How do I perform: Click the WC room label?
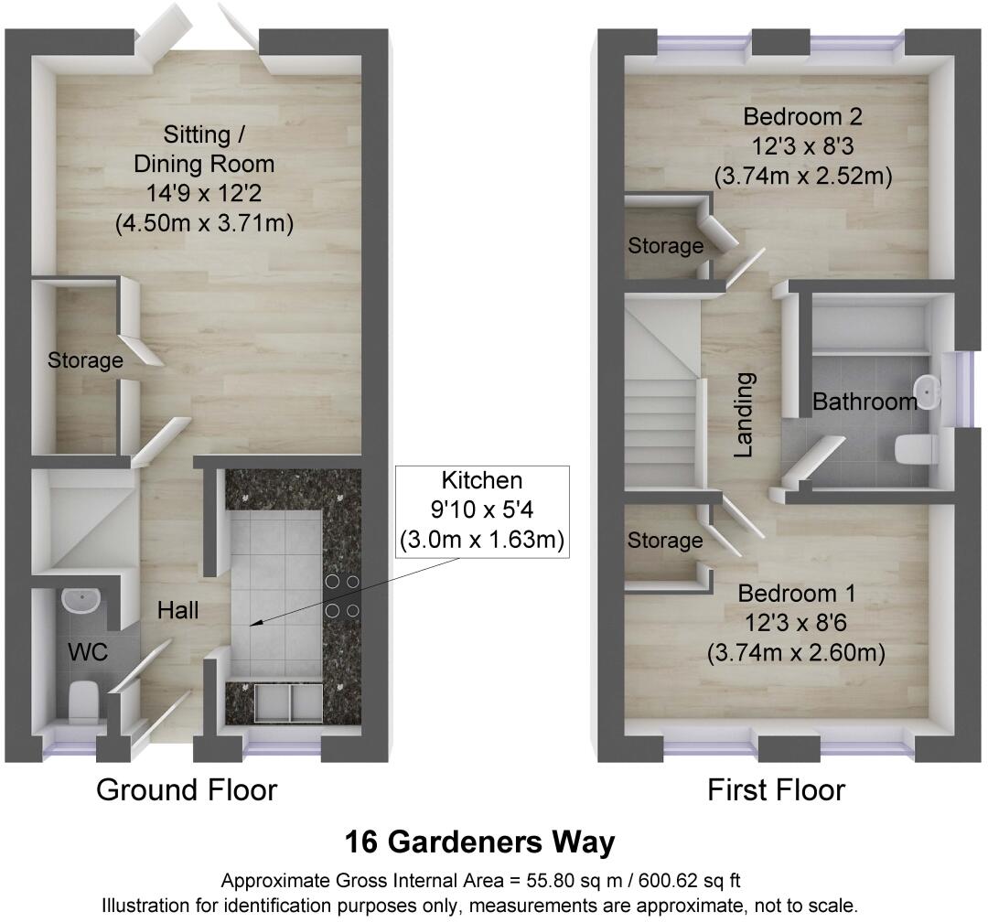tap(89, 653)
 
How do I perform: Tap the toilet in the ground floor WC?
tap(83, 700)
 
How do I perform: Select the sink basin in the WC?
tap(81, 601)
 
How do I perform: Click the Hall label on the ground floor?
tap(177, 610)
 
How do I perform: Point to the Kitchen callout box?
tap(481, 510)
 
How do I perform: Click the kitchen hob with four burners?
tap(342, 595)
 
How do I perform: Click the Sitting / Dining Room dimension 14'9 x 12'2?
tap(204, 194)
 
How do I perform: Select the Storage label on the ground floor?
tap(85, 360)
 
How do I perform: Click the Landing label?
tap(746, 413)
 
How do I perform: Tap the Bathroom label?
tap(865, 401)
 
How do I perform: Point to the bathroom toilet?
tap(915, 448)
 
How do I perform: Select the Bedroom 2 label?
tap(803, 117)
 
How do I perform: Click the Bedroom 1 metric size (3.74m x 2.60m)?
tap(796, 654)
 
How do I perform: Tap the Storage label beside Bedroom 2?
tap(665, 246)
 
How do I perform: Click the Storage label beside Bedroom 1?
tap(665, 541)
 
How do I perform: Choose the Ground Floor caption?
tap(187, 789)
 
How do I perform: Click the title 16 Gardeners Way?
tap(479, 842)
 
